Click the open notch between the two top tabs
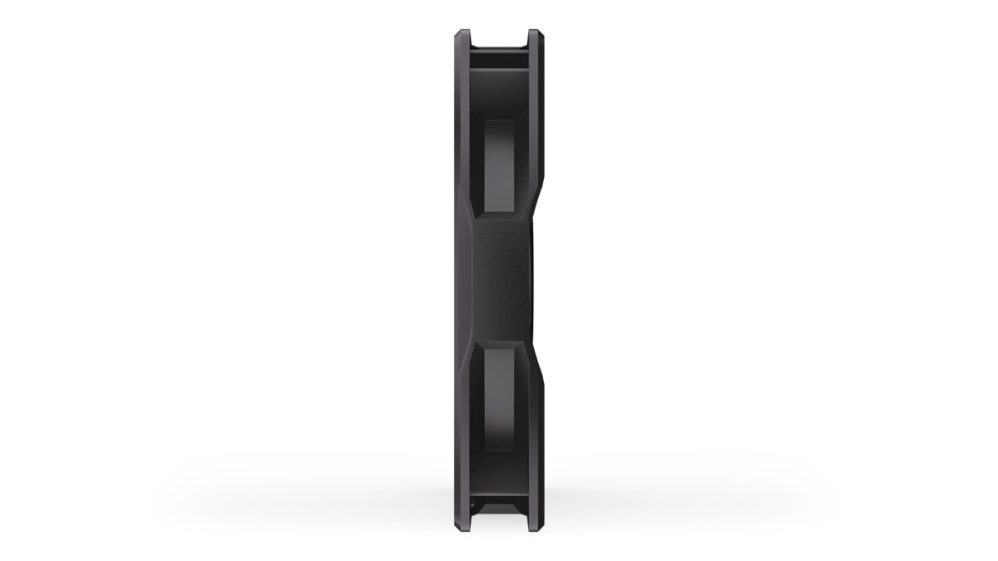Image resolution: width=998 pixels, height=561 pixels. coord(499,37)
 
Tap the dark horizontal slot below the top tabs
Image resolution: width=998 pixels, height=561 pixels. coord(499,58)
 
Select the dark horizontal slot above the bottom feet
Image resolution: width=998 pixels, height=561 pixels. coord(499,494)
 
